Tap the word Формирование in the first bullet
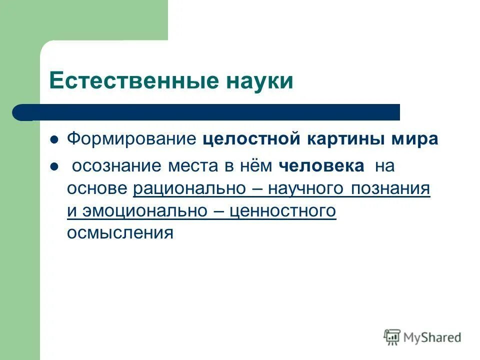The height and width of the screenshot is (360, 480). pyautogui.click(x=132, y=139)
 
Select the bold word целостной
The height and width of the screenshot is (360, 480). pyautogui.click(x=249, y=139)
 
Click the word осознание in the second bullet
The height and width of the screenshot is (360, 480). pyautogui.click(x=117, y=166)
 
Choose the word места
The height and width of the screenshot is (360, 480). pyautogui.click(x=195, y=166)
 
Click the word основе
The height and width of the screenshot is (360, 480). pyautogui.click(x=98, y=189)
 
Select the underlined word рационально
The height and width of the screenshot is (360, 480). pyautogui.click(x=189, y=189)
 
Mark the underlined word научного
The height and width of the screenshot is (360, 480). pyautogui.click(x=305, y=189)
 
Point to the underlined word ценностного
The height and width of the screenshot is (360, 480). pyautogui.click(x=282, y=211)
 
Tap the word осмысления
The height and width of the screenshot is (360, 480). pyautogui.click(x=120, y=233)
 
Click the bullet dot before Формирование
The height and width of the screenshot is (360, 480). pyautogui.click(x=54, y=139)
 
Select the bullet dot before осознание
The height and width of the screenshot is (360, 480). pyautogui.click(x=54, y=166)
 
